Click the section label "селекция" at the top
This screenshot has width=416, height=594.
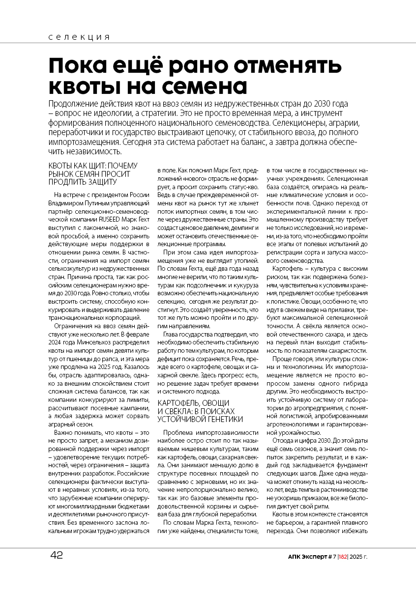pos(79,37)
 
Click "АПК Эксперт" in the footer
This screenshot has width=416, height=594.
pos(307,557)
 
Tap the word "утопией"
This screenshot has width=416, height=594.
pos(246,260)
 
